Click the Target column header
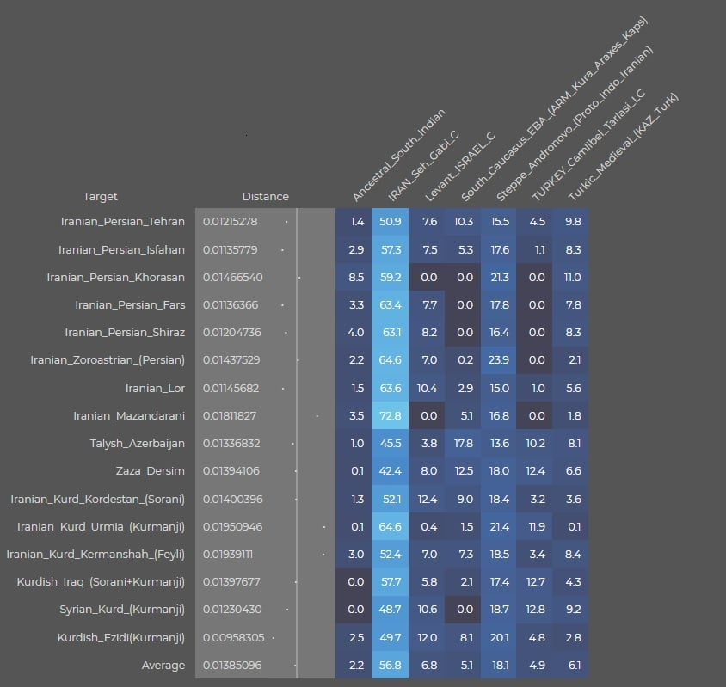(x=101, y=197)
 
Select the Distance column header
(x=265, y=197)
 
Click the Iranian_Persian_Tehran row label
(x=122, y=222)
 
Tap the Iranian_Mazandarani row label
(x=129, y=416)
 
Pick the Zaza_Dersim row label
(x=151, y=471)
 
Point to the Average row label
(x=163, y=666)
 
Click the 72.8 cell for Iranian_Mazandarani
(x=390, y=416)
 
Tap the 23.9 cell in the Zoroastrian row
(x=499, y=360)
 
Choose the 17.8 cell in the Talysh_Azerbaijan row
(x=463, y=444)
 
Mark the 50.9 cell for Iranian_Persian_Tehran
(x=390, y=222)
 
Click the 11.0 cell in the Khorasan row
(x=572, y=278)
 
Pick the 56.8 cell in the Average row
(x=390, y=666)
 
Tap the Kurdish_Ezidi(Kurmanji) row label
(x=121, y=638)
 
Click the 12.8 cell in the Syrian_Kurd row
(x=536, y=610)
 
